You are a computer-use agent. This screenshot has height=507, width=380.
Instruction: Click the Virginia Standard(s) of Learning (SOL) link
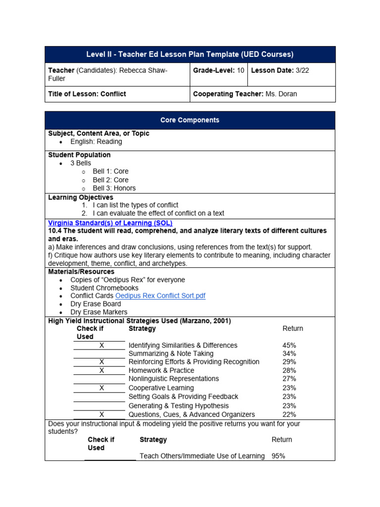pyautogui.click(x=110, y=223)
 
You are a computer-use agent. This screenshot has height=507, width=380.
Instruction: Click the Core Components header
pyautogui.click(x=190, y=120)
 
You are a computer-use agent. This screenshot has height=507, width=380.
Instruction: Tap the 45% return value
pyautogui.click(x=289, y=345)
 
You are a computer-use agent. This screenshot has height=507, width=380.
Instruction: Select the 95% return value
pyautogui.click(x=278, y=456)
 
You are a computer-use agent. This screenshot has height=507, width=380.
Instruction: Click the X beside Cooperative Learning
pyautogui.click(x=101, y=388)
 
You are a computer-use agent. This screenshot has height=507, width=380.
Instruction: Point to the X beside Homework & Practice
pyautogui.click(x=101, y=370)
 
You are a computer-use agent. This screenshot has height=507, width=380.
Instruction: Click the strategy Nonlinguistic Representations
pyautogui.click(x=173, y=379)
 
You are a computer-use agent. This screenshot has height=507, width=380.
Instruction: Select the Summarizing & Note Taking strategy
pyautogui.click(x=171, y=354)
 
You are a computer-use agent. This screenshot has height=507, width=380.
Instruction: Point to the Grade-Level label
pyautogui.click(x=214, y=70)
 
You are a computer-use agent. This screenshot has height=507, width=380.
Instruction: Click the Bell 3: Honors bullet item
pyautogui.click(x=114, y=188)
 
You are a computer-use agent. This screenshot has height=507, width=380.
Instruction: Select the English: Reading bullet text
pyautogui.click(x=96, y=142)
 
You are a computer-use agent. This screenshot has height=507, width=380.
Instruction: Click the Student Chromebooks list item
pyautogui.click(x=104, y=288)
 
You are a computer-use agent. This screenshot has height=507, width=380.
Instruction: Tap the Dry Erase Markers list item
pyautogui.click(x=98, y=312)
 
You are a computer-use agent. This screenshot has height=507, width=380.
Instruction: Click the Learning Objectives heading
pyautogui.click(x=81, y=197)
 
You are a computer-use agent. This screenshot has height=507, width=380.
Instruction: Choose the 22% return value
pyautogui.click(x=289, y=414)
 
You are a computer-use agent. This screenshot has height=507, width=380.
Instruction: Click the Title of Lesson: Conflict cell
pyautogui.click(x=87, y=94)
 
